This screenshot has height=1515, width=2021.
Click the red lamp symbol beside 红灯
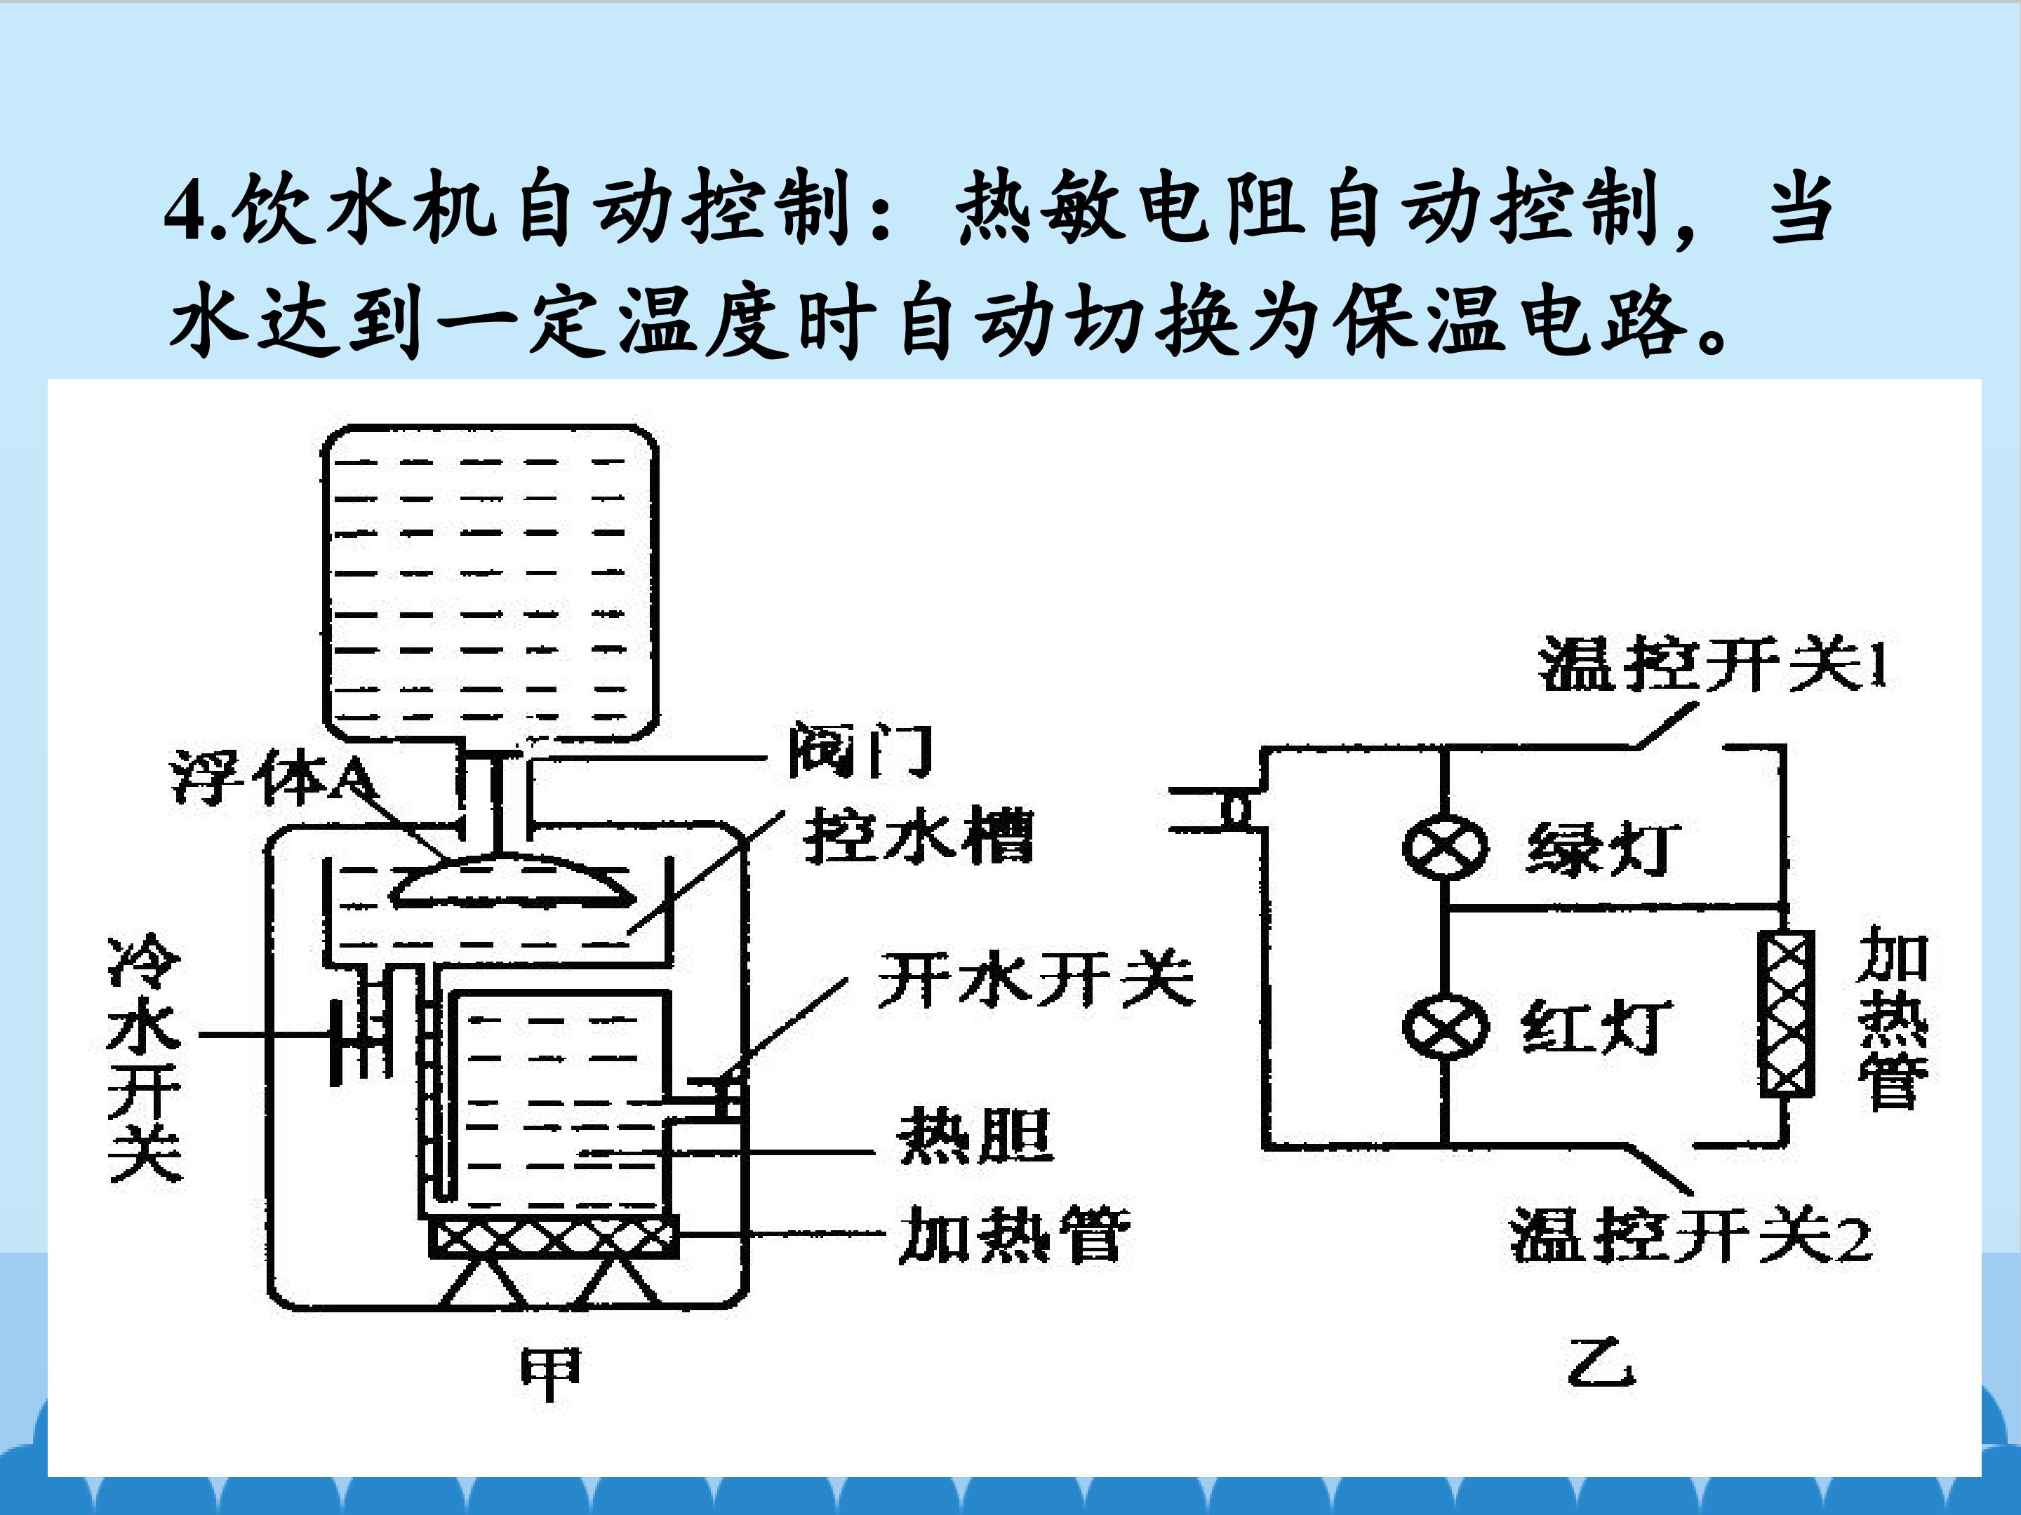1444,1025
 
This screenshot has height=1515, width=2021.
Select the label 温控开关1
1713,665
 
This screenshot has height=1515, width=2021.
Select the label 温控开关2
1691,1236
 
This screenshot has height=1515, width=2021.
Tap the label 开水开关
1036,979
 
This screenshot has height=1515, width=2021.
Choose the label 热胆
976,1136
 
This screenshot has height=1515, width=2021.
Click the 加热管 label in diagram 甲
1014,1234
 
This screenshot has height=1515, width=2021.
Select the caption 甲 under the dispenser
550,1374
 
